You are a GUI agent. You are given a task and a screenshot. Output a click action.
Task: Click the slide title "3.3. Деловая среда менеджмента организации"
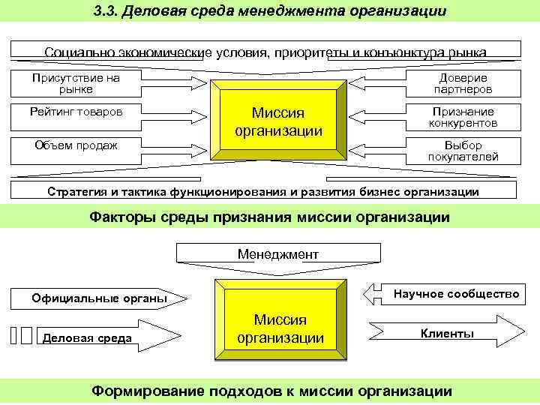click(270, 11)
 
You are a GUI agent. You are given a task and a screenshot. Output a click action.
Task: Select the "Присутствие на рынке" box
click(75, 83)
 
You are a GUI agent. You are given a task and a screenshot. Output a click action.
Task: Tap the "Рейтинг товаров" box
click(75, 112)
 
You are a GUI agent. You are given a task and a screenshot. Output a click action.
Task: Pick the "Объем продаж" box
click(75, 145)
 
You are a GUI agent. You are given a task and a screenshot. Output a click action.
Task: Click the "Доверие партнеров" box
click(463, 83)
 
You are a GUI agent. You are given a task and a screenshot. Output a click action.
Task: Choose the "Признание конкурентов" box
click(463, 117)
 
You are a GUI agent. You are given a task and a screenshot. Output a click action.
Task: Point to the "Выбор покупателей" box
click(463, 151)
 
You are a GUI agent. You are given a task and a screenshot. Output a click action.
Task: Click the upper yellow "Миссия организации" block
click(278, 121)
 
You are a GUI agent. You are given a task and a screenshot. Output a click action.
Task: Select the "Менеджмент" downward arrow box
click(278, 255)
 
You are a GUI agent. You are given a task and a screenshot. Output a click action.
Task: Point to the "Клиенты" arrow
click(447, 333)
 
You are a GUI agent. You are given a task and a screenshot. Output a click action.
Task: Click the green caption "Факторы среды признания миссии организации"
click(270, 217)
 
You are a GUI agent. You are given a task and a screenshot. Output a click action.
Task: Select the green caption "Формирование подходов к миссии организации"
click(270, 391)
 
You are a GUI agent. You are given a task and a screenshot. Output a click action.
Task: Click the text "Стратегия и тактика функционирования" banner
click(262, 191)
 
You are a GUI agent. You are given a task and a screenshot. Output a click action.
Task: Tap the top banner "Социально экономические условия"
click(265, 52)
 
